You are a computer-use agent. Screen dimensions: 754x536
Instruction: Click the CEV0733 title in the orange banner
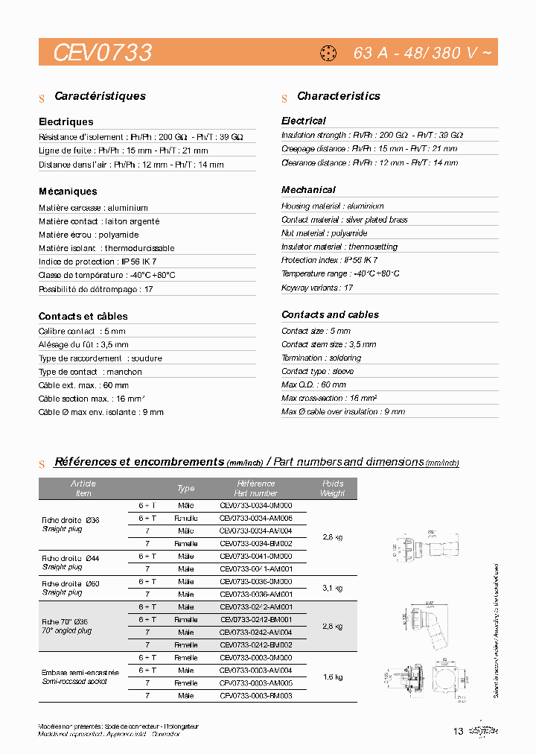click(103, 53)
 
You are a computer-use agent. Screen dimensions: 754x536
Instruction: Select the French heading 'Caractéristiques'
click(100, 96)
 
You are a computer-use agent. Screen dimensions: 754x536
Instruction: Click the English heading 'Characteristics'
click(338, 96)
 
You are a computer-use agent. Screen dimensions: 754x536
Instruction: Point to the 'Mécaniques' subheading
click(68, 191)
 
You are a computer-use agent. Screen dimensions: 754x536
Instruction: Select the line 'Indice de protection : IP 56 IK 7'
click(98, 262)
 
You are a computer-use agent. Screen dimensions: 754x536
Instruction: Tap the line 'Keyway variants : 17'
click(317, 287)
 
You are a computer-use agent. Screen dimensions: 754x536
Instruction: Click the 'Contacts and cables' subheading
click(330, 314)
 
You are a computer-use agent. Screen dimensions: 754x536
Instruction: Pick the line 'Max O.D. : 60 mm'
click(313, 384)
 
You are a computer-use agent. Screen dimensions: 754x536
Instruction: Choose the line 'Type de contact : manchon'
click(90, 372)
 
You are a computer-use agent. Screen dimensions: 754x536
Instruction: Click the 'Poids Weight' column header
click(332, 488)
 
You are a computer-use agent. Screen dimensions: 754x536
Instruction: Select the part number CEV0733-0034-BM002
click(256, 544)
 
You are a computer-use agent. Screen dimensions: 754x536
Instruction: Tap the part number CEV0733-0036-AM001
click(256, 595)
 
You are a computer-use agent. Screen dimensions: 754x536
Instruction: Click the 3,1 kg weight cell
click(332, 588)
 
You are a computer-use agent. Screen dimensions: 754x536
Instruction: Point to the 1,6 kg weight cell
click(332, 677)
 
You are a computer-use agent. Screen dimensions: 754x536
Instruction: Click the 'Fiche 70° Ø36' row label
click(66, 621)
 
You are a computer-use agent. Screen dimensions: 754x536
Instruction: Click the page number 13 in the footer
click(458, 731)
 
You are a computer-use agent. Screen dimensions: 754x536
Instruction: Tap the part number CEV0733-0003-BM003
click(256, 695)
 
